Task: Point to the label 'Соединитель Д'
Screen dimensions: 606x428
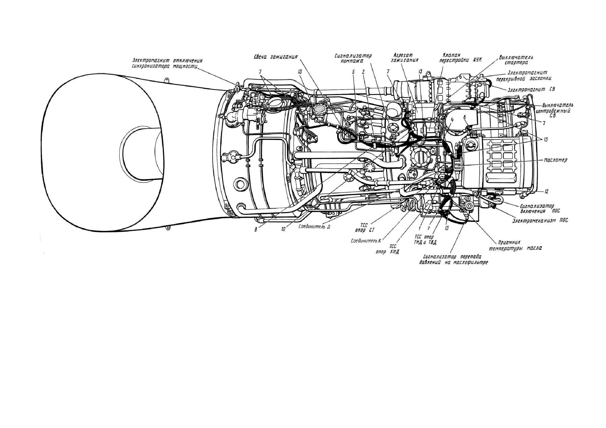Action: (314, 226)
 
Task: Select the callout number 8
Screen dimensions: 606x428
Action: (255, 230)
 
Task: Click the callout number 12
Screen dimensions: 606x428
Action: (546, 192)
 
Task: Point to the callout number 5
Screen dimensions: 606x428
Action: (353, 72)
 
